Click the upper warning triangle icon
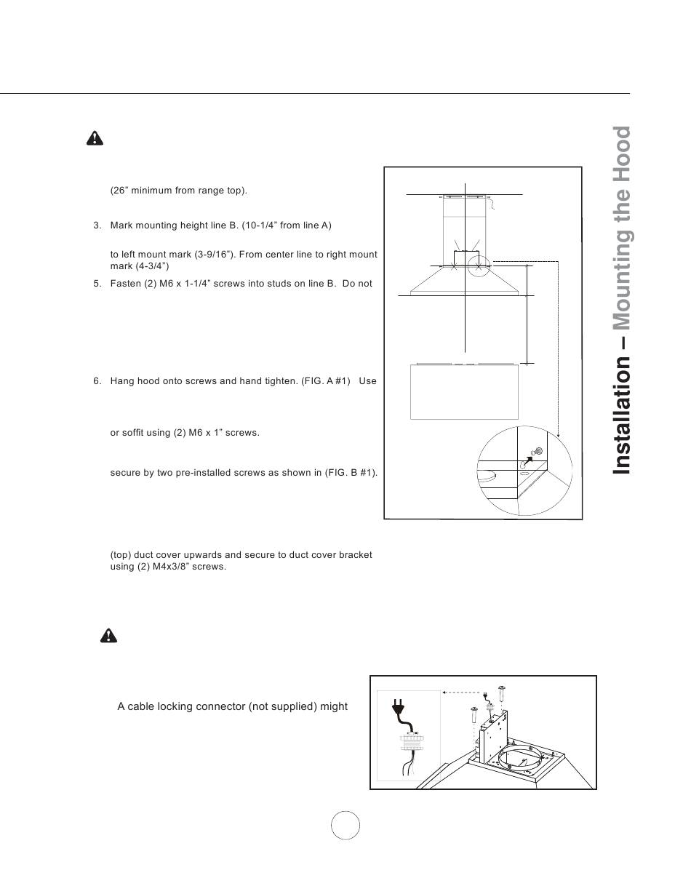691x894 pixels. [95, 138]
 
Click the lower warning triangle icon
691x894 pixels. [108, 635]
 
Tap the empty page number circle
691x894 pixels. [345, 825]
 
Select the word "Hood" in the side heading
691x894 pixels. [621, 156]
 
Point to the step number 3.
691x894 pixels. [97, 226]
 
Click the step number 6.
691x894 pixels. [97, 381]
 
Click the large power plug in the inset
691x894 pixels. [399, 707]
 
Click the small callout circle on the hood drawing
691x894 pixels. [478, 266]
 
